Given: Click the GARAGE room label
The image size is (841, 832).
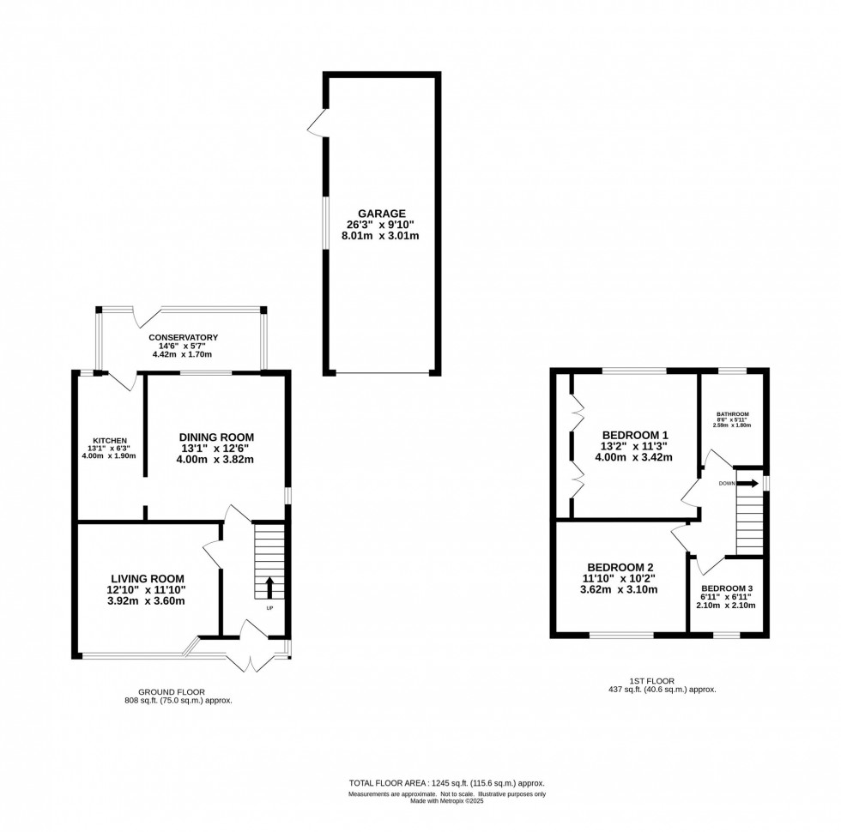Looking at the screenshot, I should [383, 213].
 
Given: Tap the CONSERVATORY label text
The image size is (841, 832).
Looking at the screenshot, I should [182, 338].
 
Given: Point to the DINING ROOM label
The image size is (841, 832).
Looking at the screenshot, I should [216, 437].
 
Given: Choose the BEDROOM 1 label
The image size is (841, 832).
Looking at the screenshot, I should [635, 434].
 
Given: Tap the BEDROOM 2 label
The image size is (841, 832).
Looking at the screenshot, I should [620, 567].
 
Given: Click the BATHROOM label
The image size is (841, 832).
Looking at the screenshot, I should [733, 414].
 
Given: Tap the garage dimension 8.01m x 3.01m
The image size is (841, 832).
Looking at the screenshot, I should [383, 235].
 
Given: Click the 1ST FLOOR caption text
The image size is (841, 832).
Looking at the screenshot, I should [661, 680].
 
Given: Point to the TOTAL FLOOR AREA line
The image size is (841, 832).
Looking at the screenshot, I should [446, 783].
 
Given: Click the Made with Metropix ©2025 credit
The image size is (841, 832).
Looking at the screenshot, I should [446, 801].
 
